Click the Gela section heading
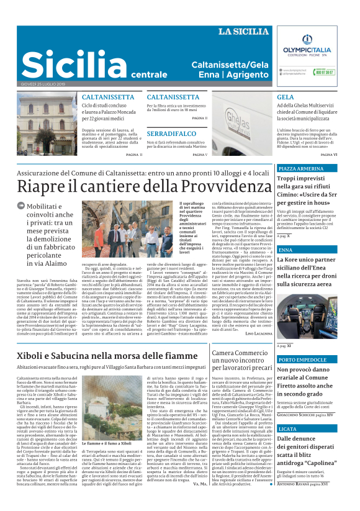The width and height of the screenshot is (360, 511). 286,97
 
